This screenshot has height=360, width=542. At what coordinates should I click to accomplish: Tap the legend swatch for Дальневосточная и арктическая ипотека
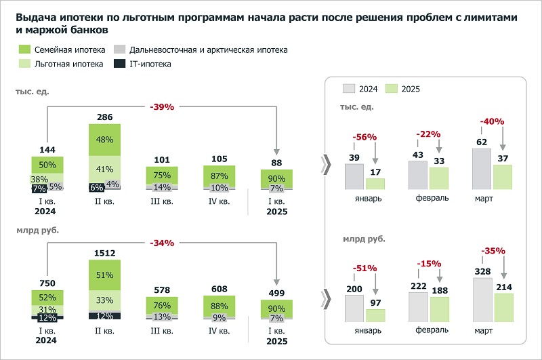[119, 49]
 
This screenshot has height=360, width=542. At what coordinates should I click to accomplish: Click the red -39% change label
[162, 106]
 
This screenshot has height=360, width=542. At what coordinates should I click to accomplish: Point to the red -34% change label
[162, 243]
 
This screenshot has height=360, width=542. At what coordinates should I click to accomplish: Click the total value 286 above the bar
[104, 117]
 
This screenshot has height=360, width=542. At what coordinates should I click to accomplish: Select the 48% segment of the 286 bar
[104, 140]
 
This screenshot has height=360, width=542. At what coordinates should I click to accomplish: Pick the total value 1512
[104, 253]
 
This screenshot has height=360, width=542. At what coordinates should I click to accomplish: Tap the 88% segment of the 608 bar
[220, 306]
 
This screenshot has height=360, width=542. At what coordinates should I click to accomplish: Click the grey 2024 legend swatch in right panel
[350, 89]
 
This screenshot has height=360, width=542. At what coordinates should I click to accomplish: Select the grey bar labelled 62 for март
[481, 169]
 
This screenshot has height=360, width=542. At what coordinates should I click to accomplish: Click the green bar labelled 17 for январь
[375, 184]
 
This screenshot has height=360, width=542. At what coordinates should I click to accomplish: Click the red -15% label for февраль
[430, 263]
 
